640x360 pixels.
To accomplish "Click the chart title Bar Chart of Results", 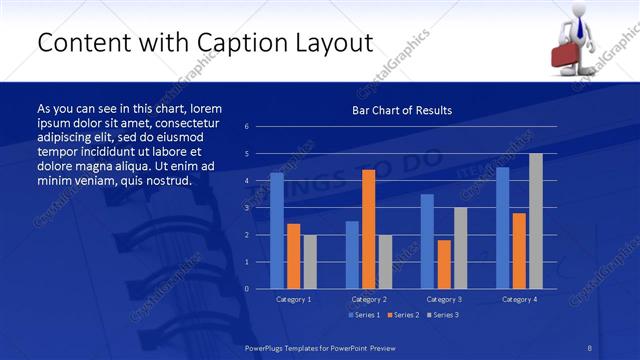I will pos(402,110).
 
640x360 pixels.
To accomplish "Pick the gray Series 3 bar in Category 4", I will pos(536,221).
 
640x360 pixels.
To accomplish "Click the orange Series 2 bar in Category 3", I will pos(444,264).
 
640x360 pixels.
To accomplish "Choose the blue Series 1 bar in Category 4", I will pos(502,227).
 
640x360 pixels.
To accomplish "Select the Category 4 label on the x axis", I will pos(518,299).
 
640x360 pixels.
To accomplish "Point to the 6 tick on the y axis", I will pos(247,127).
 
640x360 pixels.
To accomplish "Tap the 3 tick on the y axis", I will pos(247,208).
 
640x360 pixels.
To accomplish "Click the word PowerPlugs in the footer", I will pos(265,347).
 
